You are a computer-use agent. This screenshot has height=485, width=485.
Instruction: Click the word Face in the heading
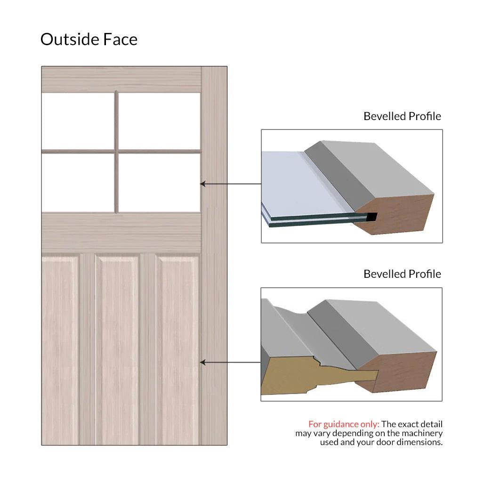(x=121, y=39)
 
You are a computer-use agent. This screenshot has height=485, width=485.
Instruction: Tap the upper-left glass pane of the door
(x=78, y=121)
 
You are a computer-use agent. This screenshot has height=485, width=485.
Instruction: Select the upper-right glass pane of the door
(x=159, y=121)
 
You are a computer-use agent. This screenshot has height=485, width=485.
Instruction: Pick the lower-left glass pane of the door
(x=78, y=183)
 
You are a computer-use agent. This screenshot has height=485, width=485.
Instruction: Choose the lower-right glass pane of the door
(x=159, y=183)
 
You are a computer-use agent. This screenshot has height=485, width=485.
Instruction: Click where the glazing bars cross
(x=117, y=152)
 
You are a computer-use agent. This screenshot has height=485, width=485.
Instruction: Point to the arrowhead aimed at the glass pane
(x=202, y=184)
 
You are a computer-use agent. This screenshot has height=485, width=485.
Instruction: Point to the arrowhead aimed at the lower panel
(x=202, y=362)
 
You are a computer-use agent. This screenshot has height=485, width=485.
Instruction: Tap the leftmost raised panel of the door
(x=60, y=349)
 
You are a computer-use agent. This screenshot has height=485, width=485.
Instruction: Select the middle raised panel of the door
(x=118, y=349)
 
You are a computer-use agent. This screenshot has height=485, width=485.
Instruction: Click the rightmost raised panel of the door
(x=178, y=349)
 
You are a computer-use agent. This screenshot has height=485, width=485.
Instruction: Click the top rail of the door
(x=121, y=80)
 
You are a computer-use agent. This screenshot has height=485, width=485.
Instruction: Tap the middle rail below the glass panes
(x=121, y=233)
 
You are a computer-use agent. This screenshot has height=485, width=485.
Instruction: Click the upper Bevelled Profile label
(x=402, y=116)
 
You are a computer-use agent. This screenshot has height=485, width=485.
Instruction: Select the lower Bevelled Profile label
(x=402, y=274)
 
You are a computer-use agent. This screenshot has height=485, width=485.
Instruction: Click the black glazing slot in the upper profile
(x=372, y=217)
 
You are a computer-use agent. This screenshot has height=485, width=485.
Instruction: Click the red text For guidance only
(x=344, y=424)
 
